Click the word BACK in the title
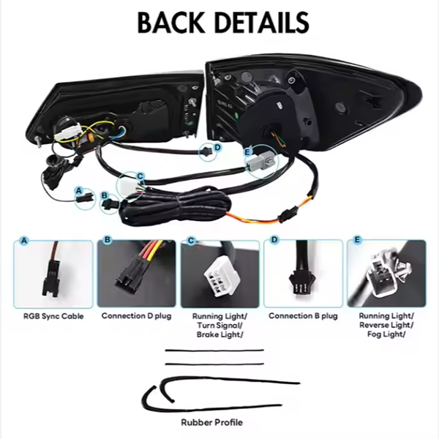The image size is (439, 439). [x=171, y=23]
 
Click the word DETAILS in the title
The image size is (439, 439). [x=263, y=23]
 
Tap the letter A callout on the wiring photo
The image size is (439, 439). [x=79, y=191]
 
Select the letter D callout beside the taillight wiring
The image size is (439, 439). [x=217, y=147]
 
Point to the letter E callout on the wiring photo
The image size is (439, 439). [x=247, y=152]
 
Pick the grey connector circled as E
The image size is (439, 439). [x=259, y=163]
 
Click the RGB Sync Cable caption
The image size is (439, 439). [x=53, y=316]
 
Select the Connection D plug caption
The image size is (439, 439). [x=136, y=316]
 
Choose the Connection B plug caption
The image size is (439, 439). [x=303, y=316]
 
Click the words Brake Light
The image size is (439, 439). [x=218, y=334]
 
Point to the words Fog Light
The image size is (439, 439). [x=386, y=334]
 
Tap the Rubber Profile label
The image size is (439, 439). [x=212, y=422]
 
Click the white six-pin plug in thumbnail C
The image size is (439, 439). [x=219, y=278]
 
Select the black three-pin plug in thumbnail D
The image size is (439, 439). [x=301, y=284]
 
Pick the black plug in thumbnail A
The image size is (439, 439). [x=50, y=279]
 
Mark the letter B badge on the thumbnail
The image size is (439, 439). [x=108, y=240]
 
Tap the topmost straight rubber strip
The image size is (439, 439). [x=214, y=350]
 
